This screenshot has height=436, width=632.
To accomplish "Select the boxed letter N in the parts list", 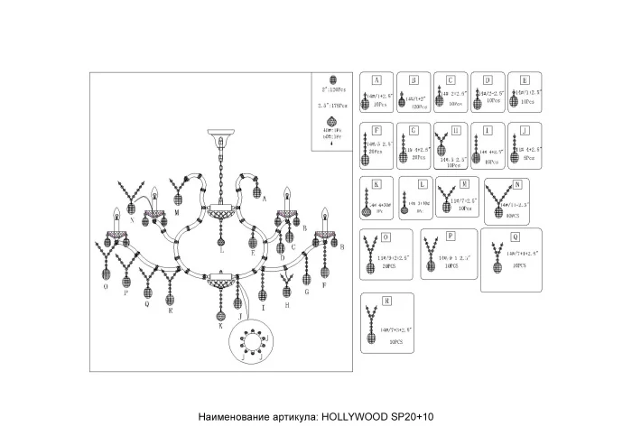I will [517, 184].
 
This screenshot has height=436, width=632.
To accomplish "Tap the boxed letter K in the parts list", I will [375, 184].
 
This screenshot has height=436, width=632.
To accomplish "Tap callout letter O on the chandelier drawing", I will [107, 286].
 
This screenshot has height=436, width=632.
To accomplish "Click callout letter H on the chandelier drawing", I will [287, 306].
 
